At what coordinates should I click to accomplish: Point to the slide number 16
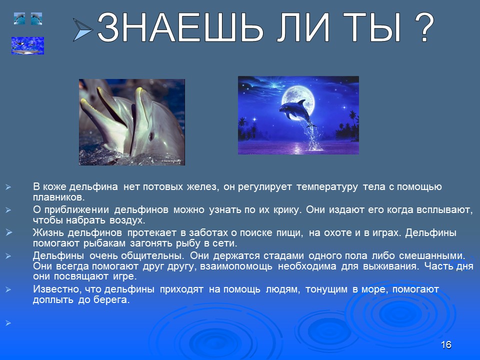[446, 345]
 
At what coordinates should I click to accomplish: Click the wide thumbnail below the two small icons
[27, 46]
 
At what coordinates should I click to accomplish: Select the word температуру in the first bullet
[327, 187]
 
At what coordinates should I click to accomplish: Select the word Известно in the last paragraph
[53, 289]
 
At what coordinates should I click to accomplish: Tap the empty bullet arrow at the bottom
[8, 323]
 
